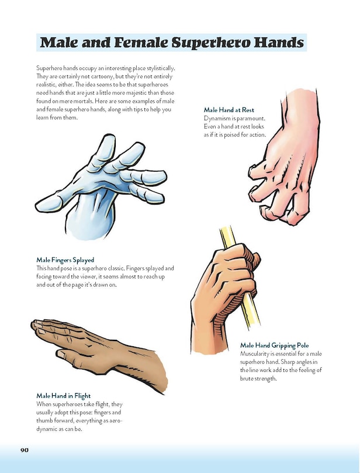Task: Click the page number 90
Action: (x=25, y=450)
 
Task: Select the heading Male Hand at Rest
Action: (x=229, y=110)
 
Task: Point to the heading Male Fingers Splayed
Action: (x=65, y=259)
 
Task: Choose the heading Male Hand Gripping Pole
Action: (x=274, y=346)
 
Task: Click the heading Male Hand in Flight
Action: (x=63, y=395)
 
